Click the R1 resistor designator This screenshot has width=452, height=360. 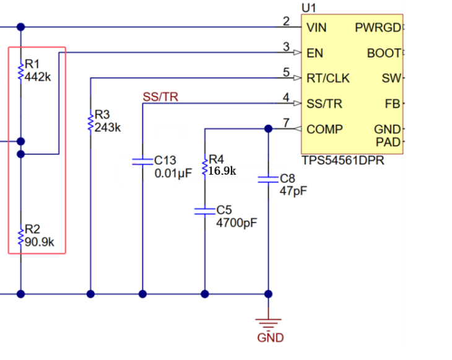tap(32, 64)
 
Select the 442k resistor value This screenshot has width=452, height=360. tap(38, 77)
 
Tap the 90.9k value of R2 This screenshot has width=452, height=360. tap(40, 242)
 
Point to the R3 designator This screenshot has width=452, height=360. tap(102, 115)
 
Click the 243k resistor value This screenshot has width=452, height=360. tap(108, 128)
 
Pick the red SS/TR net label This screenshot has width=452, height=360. tap(160, 97)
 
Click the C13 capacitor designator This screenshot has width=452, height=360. tap(165, 160)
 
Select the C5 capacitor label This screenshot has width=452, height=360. tap(224, 210)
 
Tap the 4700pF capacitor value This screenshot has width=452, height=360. tap(237, 222)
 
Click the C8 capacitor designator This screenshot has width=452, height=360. tap(288, 178)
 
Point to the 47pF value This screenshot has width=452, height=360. tap(293, 191)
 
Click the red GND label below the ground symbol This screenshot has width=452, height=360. tap(271, 338)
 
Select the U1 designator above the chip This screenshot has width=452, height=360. tap(308, 7)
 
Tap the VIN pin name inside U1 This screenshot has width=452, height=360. tap(316, 27)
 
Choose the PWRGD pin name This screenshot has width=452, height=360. tap(378, 27)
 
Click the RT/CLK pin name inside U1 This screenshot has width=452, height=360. tap(328, 78)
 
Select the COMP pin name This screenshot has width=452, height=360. tap(324, 130)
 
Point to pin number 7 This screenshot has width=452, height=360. tap(286, 123)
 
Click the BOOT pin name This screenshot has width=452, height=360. tap(384, 53)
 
